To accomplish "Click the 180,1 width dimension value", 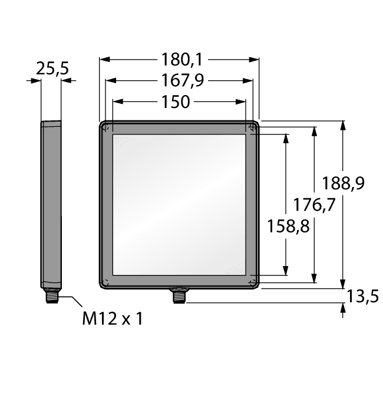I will [x=179, y=60].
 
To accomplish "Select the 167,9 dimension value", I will [x=179, y=81].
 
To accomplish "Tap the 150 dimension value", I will [x=175, y=102].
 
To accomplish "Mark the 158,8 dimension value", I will [x=289, y=226].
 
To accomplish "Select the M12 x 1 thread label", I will [x=112, y=319].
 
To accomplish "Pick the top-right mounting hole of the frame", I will [x=253, y=127].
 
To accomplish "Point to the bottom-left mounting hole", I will [x=105, y=282].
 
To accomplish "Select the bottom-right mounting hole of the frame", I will [x=253, y=282].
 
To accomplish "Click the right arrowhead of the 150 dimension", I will [x=242, y=102].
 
